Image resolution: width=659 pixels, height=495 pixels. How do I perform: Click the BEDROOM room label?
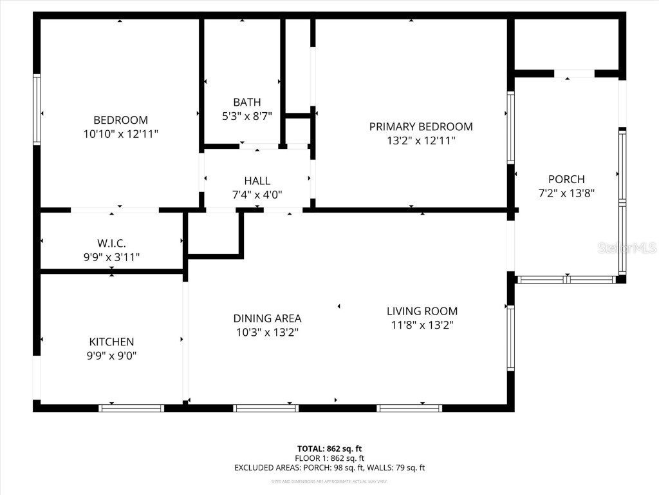120,120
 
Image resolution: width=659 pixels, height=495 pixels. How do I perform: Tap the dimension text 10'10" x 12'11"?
120,134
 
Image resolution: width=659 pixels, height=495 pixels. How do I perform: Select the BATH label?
247,102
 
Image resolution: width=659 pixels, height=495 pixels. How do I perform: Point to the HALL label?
257,181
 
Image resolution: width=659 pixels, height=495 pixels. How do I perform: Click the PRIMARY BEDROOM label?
421,126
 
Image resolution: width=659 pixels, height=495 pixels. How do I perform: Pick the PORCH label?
566,179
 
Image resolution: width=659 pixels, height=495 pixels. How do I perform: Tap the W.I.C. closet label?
111,243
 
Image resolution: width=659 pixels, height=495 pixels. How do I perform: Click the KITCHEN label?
111,342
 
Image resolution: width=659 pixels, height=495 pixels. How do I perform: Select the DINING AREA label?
267,318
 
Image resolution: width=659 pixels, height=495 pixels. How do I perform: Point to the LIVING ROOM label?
422,311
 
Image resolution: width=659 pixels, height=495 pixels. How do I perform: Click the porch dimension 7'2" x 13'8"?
566,193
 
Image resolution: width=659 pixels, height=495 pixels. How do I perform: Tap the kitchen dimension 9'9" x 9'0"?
111,356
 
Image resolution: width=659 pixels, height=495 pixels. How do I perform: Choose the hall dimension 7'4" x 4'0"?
257,195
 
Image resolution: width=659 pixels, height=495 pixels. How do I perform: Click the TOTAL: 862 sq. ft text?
329,449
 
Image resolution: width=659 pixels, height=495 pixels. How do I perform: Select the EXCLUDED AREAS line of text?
329,468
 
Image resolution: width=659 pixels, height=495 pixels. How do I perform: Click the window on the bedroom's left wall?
37,110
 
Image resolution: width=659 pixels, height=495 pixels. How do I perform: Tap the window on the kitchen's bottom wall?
132,407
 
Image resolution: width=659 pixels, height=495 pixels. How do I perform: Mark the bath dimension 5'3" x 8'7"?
247,116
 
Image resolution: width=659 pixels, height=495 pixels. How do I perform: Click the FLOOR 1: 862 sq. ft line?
329,458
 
